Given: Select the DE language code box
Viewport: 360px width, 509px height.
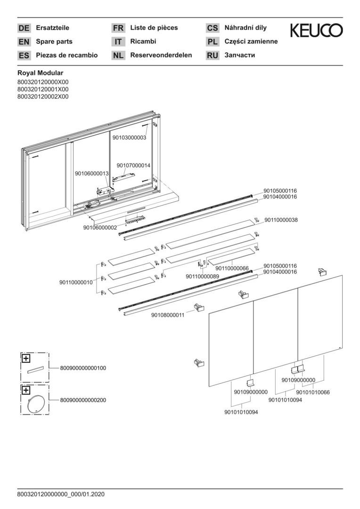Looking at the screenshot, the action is coord(24,28).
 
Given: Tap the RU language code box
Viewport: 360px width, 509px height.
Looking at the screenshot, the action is coord(213,56).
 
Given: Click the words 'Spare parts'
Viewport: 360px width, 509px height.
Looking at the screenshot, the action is coord(54,41).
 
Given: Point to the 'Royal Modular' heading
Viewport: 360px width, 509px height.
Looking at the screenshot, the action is coord(40,73).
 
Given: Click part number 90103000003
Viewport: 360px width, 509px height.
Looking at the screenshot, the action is coord(129,138).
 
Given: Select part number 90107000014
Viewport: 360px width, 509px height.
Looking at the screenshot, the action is coord(133,165).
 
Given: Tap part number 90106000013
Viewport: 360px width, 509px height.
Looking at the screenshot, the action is coord(91,173).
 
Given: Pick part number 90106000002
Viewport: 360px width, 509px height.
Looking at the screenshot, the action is coord(100,228).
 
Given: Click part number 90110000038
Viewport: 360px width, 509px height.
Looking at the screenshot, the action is coord(281,220).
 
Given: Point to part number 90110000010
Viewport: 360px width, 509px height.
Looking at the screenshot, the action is coord(76,282).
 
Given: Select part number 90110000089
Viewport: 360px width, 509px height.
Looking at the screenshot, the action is coord(202,276).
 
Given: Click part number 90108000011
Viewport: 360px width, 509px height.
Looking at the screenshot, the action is coord(167,315).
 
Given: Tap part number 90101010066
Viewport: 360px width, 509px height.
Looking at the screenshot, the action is coord(312,392).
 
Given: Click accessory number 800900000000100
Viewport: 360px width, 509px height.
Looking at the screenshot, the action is coord(83,368).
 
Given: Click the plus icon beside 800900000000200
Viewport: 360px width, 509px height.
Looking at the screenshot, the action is coord(25,390).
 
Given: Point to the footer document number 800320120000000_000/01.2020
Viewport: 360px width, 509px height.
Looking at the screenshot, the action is coord(61,494).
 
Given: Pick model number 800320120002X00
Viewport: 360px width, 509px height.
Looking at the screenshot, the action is coord(43,97).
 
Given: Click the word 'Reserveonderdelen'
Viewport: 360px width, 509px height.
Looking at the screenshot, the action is coord(161,55).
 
